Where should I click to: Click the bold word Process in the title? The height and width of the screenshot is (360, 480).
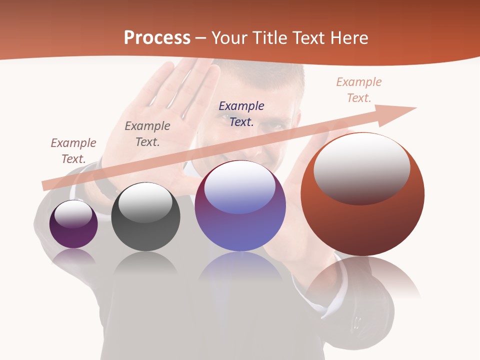point(157,38)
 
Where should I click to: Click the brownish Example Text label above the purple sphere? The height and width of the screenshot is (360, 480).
point(73,151)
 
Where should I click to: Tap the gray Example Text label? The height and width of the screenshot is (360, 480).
point(147,134)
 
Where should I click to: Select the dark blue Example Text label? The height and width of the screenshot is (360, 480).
point(241,113)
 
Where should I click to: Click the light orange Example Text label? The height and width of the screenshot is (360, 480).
point(358,90)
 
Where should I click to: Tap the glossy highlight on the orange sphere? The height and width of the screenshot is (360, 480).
point(361,167)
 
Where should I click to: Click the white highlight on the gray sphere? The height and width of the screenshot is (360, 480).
point(145,202)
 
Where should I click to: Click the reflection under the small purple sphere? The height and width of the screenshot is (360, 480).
point(73,256)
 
